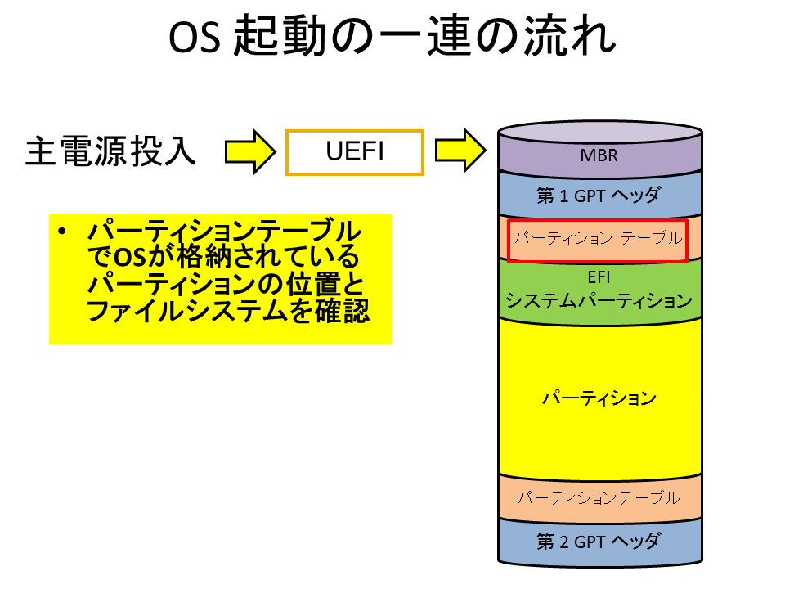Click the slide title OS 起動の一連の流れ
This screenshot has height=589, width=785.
pos(392,36)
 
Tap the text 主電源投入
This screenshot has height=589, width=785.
pos(110,151)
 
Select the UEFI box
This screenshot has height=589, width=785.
pos(355,152)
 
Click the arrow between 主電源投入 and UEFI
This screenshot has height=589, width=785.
pos(250,152)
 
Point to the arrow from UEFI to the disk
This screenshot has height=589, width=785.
pos(460,151)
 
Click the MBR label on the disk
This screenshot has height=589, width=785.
pos(599,155)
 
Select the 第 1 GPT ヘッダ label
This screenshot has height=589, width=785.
pos(599,195)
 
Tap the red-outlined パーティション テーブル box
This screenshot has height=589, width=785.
pos(598,241)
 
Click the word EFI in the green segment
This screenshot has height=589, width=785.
pos(599,277)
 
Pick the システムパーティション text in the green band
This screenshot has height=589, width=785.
pos(599,300)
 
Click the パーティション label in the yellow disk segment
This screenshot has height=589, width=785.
pos(599,398)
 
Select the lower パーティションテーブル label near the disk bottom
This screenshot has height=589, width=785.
pos(599,497)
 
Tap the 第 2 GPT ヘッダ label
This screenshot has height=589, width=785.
pos(599,542)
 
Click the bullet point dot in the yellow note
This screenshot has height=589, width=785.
pos(62,232)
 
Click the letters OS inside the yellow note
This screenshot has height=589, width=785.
pos(130,257)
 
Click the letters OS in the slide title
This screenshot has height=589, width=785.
pos(195,38)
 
